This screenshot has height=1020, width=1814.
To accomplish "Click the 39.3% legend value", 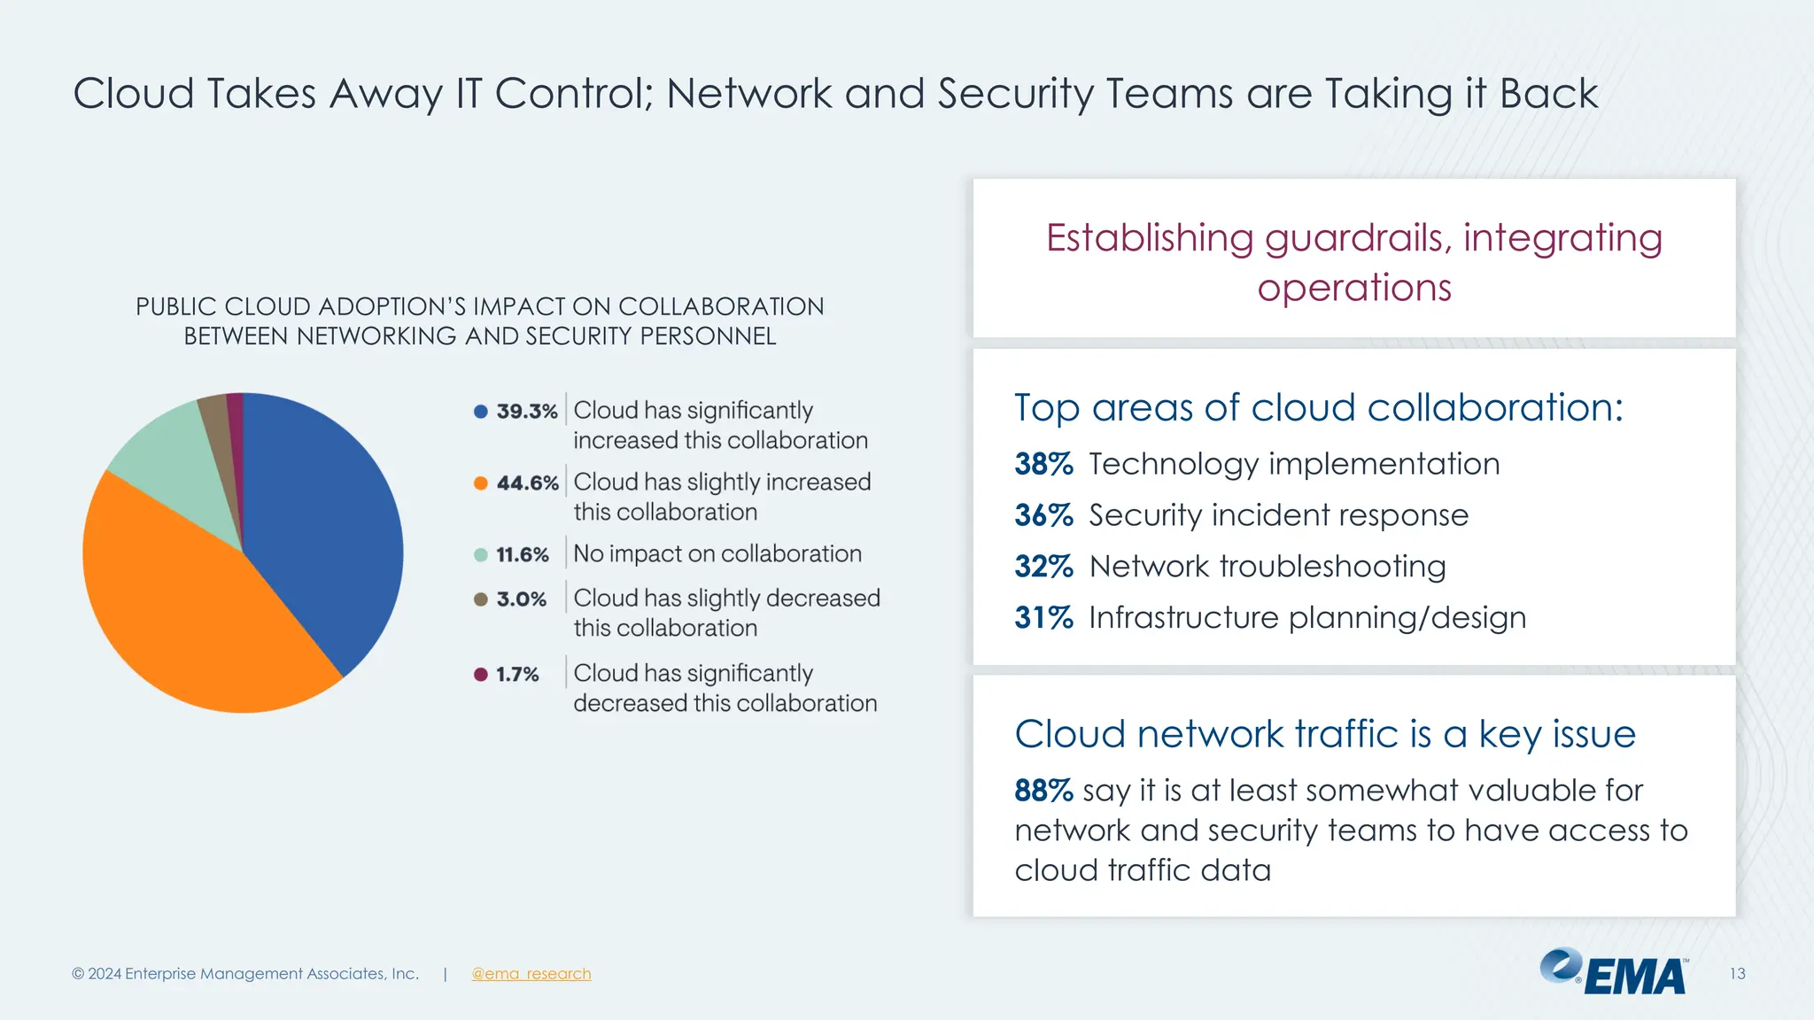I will [x=527, y=412].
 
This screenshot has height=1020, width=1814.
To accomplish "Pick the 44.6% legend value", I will [x=527, y=483].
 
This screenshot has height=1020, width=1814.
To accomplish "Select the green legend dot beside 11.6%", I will [x=481, y=555].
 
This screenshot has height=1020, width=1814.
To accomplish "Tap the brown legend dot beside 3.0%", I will [x=481, y=599].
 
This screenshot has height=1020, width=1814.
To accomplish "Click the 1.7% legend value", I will [x=517, y=675].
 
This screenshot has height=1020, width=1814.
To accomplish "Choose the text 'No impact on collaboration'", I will [x=717, y=554].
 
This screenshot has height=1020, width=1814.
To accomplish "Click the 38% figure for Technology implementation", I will [x=1043, y=464].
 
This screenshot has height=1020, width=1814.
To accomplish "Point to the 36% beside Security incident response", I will [x=1043, y=515].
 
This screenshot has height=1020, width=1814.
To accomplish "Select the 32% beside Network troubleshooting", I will [x=1043, y=567].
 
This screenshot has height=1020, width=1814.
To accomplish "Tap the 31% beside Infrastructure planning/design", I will [x=1043, y=618].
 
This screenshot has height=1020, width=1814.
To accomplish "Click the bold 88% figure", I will [x=1043, y=790].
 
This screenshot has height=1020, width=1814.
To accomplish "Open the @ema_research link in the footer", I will [x=531, y=974].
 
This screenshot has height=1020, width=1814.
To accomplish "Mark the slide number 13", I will [x=1737, y=974].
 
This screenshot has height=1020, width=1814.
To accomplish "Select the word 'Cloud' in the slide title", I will [x=133, y=94].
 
